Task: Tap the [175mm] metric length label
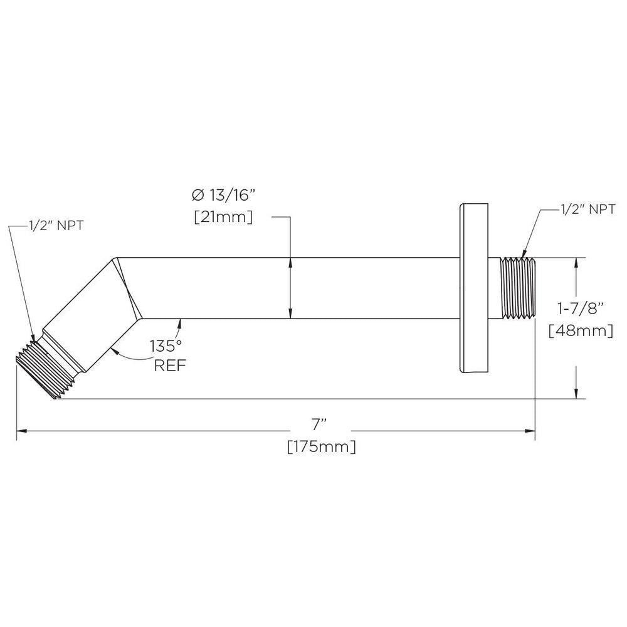coord(322,446)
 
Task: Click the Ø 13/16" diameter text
coord(223,195)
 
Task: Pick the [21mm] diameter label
coord(223,217)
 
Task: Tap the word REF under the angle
coord(170,366)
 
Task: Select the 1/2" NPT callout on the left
coord(56,226)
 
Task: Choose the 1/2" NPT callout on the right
coord(587,209)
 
